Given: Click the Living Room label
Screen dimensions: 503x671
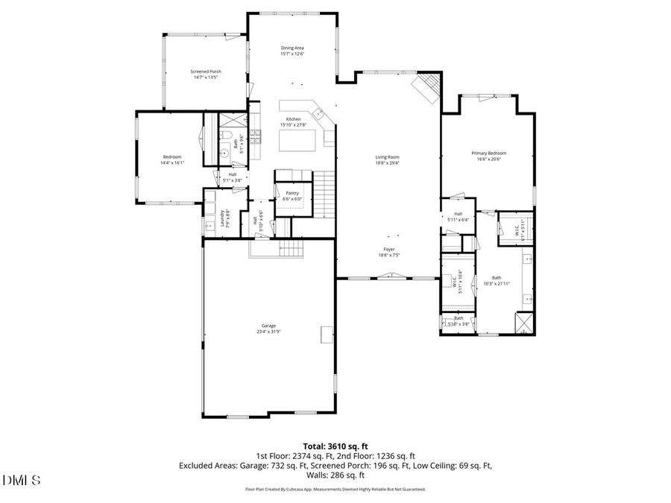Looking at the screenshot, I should [387, 157].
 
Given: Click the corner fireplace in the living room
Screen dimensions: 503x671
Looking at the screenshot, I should [428, 87].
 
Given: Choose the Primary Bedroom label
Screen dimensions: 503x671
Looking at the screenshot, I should [488, 153].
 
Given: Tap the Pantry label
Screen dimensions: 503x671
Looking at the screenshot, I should [292, 193].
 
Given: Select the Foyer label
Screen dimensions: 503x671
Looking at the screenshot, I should [389, 250].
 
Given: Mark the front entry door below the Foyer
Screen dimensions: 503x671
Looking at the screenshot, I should [388, 277].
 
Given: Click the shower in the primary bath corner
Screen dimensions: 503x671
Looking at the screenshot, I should [525, 321].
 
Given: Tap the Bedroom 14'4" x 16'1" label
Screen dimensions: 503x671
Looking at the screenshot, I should [173, 156].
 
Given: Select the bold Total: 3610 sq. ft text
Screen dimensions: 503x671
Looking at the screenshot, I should [335, 446].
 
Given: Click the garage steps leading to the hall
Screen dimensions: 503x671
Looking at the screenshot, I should [289, 248].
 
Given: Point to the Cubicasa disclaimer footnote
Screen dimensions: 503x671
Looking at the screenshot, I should [335, 490].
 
